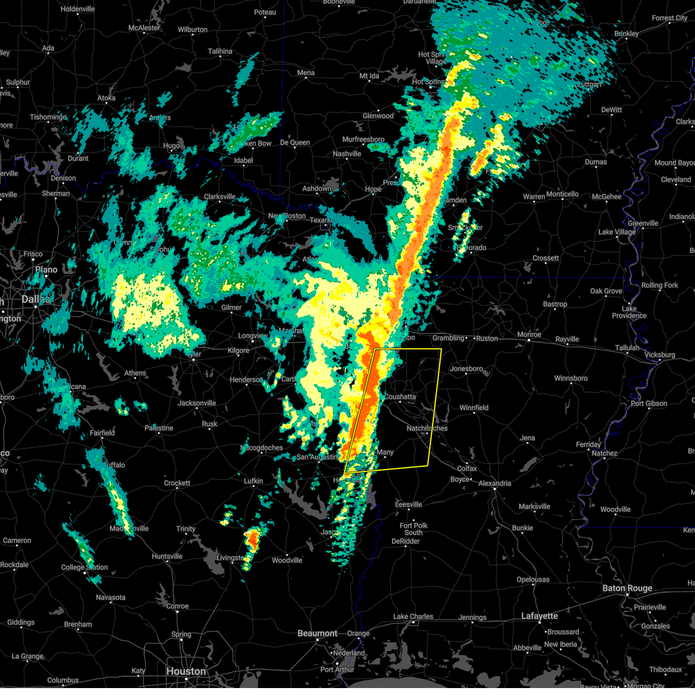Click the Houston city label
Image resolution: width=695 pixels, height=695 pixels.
pos(186,671)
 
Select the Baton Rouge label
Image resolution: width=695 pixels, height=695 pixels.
pos(627,588)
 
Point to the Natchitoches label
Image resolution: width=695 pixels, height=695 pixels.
pos(427,429)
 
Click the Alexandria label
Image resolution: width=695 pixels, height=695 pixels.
pos(495,483)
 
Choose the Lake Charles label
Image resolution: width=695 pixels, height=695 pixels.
pos(413,617)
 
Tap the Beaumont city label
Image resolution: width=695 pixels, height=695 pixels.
pos(317,634)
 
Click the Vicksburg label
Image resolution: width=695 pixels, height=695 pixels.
pos(660,355)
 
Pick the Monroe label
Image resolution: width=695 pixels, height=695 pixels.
pos(529,335)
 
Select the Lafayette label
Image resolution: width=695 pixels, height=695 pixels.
pos(539,616)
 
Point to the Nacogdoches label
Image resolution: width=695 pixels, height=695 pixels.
pos(262,448)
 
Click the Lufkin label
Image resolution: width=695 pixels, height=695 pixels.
pos(253,481)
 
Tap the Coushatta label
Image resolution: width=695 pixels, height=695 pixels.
pos(400,397)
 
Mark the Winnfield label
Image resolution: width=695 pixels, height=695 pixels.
pos(474,408)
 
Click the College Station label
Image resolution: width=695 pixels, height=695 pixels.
pos(85,567)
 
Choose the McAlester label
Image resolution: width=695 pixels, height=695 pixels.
pos(144,28)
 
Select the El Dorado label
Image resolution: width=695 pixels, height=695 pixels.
pos(472,248)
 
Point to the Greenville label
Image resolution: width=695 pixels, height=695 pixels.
pos(643,223)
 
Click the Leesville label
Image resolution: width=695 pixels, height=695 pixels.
pos(408,504)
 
